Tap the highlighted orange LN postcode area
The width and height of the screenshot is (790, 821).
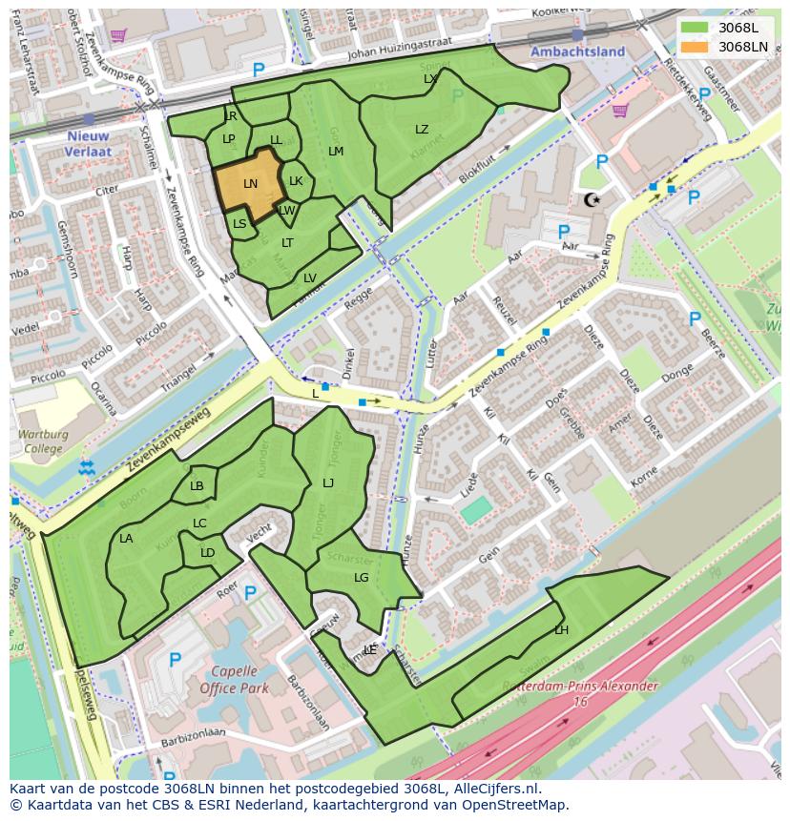click(249, 184)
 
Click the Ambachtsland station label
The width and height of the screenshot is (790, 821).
click(577, 51)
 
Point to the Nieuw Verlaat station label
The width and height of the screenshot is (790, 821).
click(89, 143)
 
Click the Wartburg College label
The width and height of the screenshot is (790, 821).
click(43, 441)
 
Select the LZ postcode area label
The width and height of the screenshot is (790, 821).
click(422, 130)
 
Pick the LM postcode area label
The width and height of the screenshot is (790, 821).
click(336, 152)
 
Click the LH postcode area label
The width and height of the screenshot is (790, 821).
click(561, 630)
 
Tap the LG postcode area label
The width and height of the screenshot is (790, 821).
click(361, 578)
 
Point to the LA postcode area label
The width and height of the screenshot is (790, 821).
click(126, 539)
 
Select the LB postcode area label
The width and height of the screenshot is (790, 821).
click(197, 486)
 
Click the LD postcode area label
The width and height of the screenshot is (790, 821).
click(207, 553)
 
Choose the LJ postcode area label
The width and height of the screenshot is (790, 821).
click(328, 483)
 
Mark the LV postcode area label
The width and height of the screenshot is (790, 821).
click(309, 278)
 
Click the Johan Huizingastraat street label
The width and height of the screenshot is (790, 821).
click(386, 54)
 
